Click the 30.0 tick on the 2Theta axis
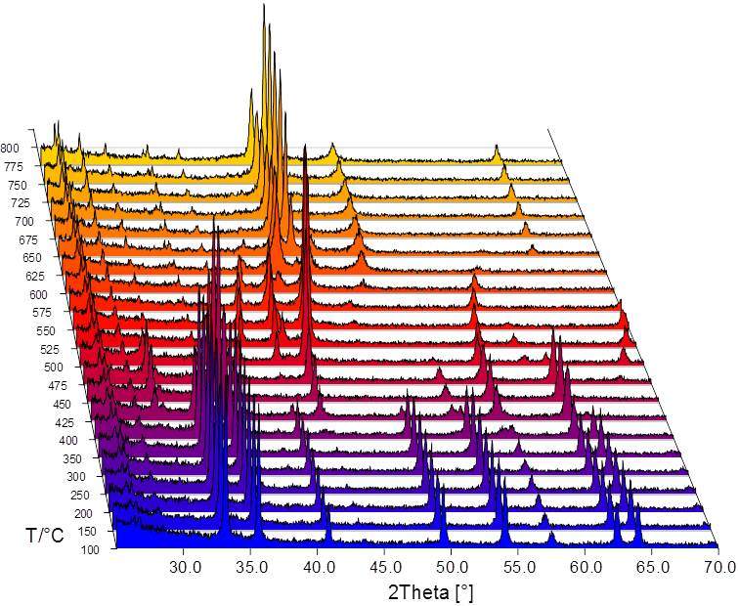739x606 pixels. click(x=184, y=566)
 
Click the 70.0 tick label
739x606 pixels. click(x=718, y=566)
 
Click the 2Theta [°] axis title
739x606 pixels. click(x=432, y=592)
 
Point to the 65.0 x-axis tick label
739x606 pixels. click(x=652, y=566)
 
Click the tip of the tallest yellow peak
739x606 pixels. click(x=265, y=5)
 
